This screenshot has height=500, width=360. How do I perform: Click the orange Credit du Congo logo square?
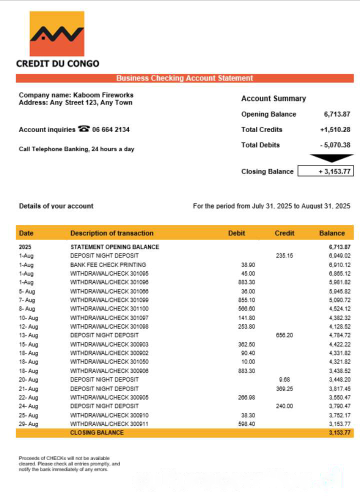point(57,33)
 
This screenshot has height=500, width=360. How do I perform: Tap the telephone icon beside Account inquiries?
point(83,129)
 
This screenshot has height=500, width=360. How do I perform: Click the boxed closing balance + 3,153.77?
point(325,171)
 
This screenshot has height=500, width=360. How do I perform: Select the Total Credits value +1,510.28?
point(335,129)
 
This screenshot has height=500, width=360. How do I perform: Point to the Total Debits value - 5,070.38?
point(335,145)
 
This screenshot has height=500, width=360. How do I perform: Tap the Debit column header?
point(236,233)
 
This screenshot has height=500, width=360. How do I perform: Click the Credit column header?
point(284,233)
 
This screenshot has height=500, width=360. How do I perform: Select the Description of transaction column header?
point(111,233)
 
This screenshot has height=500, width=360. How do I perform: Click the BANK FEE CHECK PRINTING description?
point(108,264)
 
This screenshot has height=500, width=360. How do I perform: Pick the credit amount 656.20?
point(284,335)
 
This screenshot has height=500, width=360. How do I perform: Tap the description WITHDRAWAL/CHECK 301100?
point(109,308)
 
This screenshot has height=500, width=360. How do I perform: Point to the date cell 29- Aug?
point(28,424)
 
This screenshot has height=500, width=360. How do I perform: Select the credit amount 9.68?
point(284,379)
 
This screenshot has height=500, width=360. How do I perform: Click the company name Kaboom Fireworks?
point(103,95)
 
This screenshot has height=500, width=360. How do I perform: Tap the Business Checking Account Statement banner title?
point(184,78)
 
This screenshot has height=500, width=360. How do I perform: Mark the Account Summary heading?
point(273,98)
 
